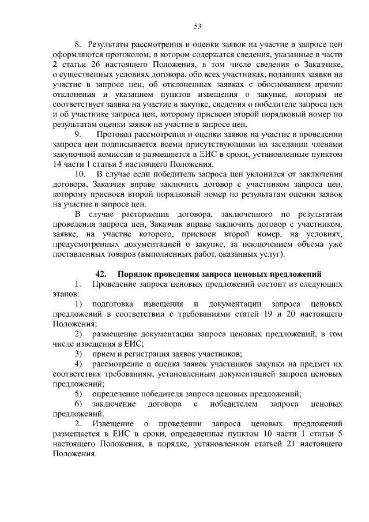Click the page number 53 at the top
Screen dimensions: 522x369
(197, 26)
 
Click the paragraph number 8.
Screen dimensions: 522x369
(78, 44)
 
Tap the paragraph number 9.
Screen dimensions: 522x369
(77, 134)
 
